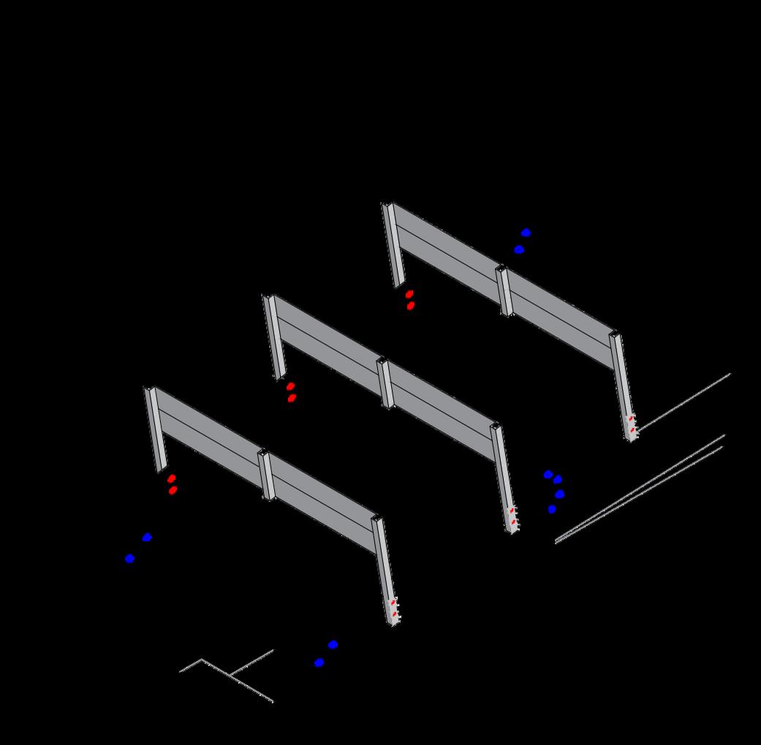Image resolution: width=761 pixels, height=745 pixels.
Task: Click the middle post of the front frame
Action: (x=266, y=474)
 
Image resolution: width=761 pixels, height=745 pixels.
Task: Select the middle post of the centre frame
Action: (x=385, y=383)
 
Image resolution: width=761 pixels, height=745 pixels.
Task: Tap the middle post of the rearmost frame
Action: (x=504, y=290)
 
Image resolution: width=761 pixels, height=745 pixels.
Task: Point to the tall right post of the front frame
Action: (x=385, y=570)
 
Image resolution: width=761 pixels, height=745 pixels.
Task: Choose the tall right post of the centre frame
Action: (x=504, y=478)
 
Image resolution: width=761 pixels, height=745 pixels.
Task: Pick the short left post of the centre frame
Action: (x=274, y=337)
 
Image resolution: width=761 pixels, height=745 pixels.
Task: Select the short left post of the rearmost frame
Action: (x=393, y=245)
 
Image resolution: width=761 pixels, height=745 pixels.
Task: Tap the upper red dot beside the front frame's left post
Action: (x=172, y=478)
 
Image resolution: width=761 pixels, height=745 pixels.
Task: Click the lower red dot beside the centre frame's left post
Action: (x=292, y=398)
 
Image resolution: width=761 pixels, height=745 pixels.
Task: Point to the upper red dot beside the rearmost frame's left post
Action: (x=409, y=294)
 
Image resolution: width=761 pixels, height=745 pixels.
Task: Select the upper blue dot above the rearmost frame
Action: (x=526, y=232)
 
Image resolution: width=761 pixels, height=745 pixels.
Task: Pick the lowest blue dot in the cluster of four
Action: (x=552, y=509)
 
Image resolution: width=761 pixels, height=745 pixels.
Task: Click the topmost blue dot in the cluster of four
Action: (x=548, y=474)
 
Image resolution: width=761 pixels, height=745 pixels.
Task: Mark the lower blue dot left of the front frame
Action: (x=129, y=559)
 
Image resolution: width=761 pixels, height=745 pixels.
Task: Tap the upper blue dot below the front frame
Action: (x=333, y=645)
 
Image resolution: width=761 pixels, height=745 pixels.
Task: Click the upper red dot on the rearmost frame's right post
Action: (x=632, y=418)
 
